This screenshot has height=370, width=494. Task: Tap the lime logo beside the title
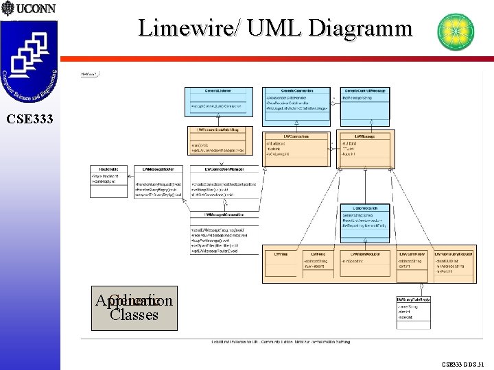click(x=456, y=32)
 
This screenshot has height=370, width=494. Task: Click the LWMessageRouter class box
click(x=161, y=182)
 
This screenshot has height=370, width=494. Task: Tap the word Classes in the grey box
click(x=134, y=316)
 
